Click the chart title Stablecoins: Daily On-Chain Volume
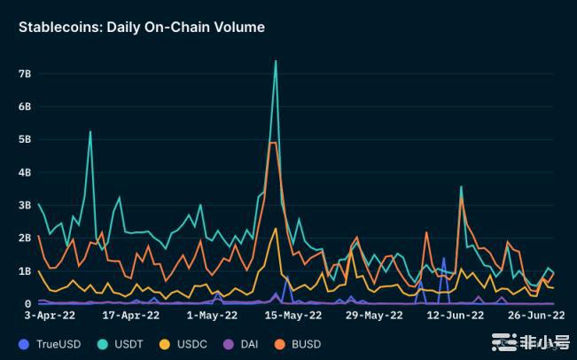tap(142, 27)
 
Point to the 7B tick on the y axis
tap(24, 73)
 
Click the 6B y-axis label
tap(24, 106)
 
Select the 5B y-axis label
tap(24, 139)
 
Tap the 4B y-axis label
tap(24, 172)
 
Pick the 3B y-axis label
tap(24, 205)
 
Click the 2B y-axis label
tap(24, 238)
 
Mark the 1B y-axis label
tap(24, 270)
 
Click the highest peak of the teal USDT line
tap(276, 61)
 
